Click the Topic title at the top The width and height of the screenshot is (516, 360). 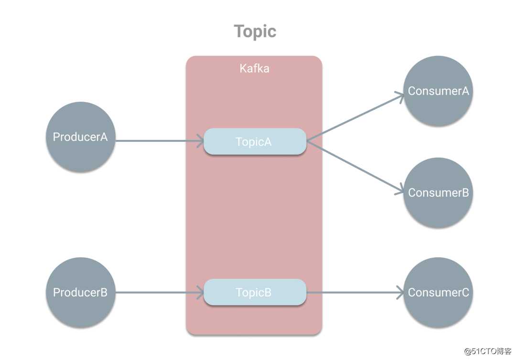tap(255, 32)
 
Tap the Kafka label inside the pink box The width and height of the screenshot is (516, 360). tap(254, 68)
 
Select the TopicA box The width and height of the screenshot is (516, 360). tap(255, 141)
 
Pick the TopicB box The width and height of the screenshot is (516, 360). tap(255, 292)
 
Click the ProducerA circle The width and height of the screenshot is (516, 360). tap(80, 137)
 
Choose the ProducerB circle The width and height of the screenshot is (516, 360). tap(80, 292)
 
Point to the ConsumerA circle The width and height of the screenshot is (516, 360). tap(438, 91)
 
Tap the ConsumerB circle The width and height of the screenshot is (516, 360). tap(438, 192)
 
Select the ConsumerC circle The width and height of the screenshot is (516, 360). tap(438, 292)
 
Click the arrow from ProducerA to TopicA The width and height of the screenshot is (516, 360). tap(158, 141)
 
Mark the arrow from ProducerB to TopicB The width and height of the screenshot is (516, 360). tap(158, 292)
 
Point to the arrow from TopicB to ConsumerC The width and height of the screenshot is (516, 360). tap(354, 292)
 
